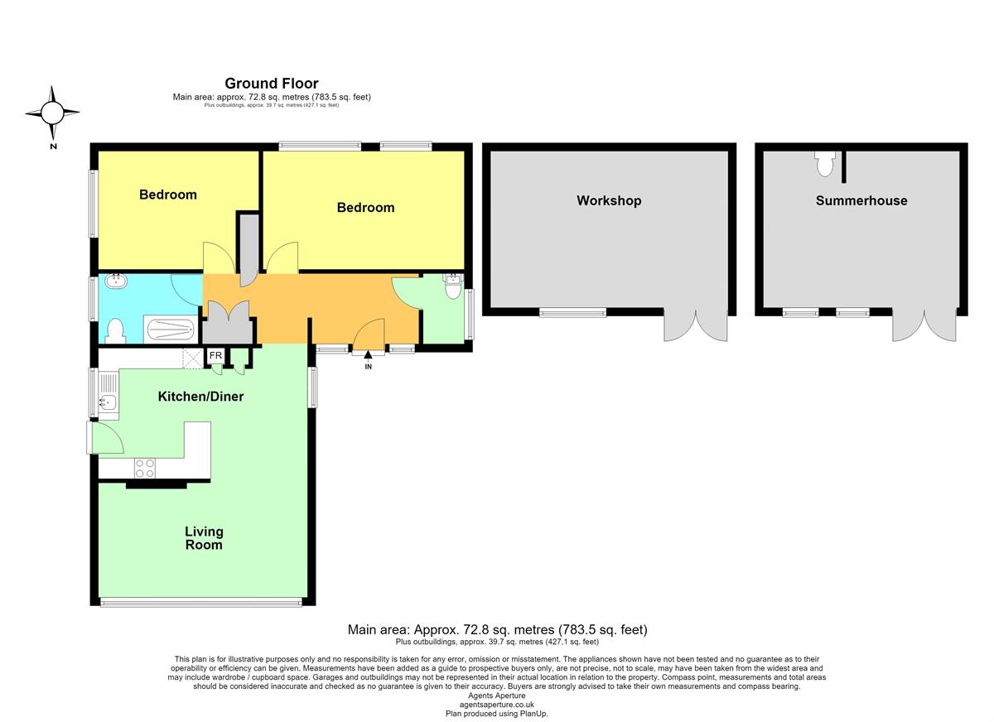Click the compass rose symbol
pyautogui.click(x=52, y=113)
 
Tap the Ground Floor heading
pyautogui.click(x=272, y=84)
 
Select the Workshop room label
pyautogui.click(x=609, y=201)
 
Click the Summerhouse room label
pyautogui.click(x=861, y=200)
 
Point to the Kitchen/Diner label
pyautogui.click(x=200, y=396)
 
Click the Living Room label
pyautogui.click(x=204, y=538)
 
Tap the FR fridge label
pyautogui.click(x=215, y=355)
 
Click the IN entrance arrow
pyautogui.click(x=368, y=354)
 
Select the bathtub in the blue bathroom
pyautogui.click(x=171, y=330)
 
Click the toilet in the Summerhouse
pyautogui.click(x=825, y=164)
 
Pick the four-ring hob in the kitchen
pyautogui.click(x=145, y=469)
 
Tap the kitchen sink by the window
pyautogui.click(x=108, y=402)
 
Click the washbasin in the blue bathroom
pyautogui.click(x=116, y=281)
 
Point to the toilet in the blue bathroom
pyautogui.click(x=115, y=330)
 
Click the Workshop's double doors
pyautogui.click(x=695, y=326)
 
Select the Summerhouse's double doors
pyautogui.click(x=924, y=326)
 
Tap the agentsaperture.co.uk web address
pyautogui.click(x=496, y=705)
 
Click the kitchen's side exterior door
pyautogui.click(x=104, y=437)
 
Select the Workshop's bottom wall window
pyautogui.click(x=572, y=313)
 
